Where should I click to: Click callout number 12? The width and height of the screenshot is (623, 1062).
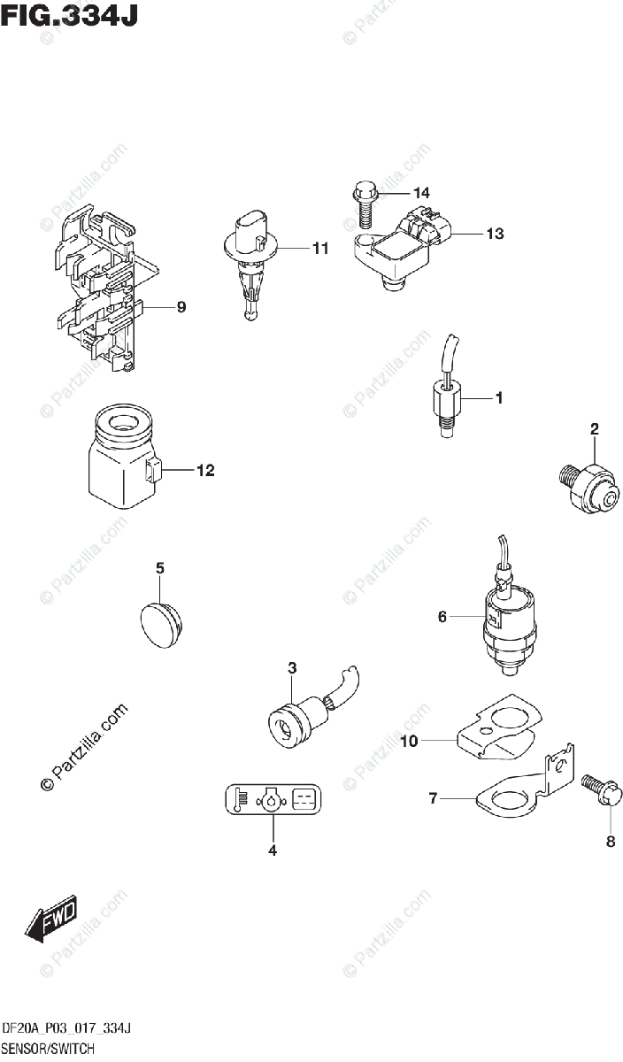(205, 471)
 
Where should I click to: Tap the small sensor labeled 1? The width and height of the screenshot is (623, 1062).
(445, 398)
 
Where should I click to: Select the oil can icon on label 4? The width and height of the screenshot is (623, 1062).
(271, 802)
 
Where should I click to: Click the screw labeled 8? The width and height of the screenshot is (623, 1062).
(598, 790)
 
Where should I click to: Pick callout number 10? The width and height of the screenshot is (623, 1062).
(408, 742)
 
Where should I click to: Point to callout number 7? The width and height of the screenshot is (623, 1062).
(434, 799)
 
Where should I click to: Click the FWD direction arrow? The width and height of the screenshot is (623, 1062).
(50, 917)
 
